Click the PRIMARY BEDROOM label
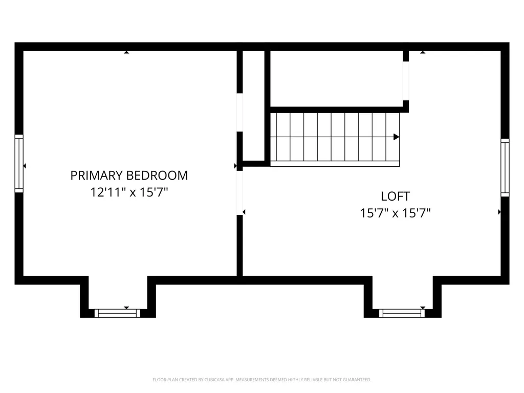coord(129,176)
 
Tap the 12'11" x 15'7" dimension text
coord(129,192)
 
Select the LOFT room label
coord(396,196)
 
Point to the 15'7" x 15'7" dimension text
coord(396,213)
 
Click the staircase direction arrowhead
coord(397,137)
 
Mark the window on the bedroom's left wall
coord(19,163)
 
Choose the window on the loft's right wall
coord(505,167)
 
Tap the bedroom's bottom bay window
coord(117,314)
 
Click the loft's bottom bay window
coord(402,314)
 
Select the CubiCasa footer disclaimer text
coord(261,380)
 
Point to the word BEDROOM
coord(157,176)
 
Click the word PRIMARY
coord(97,176)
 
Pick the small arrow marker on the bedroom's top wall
coord(126,52)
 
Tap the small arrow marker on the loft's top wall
coord(423,52)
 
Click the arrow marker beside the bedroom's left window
coord(25,166)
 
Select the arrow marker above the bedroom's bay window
coord(126,308)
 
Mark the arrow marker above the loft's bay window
coord(423,308)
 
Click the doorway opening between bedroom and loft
coord(239,193)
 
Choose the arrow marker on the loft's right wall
coord(499,212)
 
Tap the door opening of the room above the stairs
coord(406,81)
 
